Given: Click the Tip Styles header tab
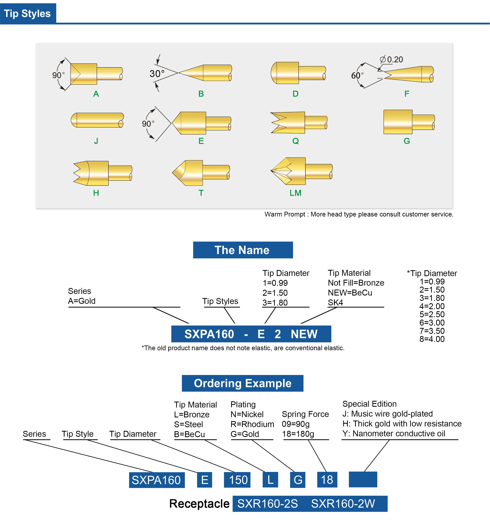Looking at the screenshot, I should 28,13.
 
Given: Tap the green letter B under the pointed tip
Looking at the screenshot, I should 201,94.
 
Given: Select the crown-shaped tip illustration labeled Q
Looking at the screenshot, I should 299,122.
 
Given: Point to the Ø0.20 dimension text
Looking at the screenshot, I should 391,59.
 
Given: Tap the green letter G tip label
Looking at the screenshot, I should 406,141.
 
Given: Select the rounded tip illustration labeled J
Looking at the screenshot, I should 97,120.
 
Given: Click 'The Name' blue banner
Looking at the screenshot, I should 243,250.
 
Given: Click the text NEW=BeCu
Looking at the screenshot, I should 350,293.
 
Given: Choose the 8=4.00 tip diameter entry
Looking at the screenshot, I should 432,339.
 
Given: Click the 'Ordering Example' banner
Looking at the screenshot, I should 242,383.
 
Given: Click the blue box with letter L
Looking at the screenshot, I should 270,480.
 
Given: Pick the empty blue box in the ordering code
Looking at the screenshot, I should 363,479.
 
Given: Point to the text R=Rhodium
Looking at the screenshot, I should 252,424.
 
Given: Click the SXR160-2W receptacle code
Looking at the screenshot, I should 343,504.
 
